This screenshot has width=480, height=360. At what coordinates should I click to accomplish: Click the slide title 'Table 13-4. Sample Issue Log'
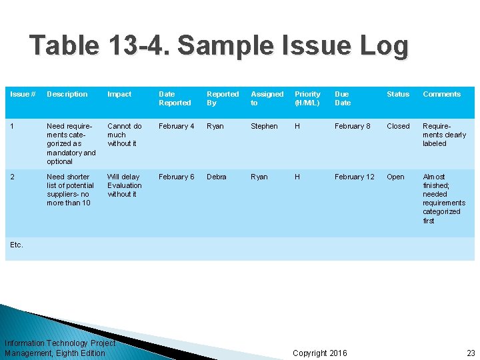(219, 46)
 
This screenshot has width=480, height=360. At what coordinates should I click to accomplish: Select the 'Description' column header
(67, 95)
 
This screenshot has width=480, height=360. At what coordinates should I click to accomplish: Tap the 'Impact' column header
(119, 95)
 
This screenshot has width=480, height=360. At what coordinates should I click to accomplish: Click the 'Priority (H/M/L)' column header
(307, 99)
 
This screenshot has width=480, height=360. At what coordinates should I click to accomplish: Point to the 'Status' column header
(398, 95)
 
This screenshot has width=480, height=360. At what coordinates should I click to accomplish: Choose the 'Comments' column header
(441, 95)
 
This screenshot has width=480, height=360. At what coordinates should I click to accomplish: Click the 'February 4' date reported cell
(177, 126)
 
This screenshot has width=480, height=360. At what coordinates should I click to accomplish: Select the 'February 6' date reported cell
(177, 177)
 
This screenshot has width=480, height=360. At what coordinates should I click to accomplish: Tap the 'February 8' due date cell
(353, 126)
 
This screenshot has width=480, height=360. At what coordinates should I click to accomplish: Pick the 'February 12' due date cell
(355, 177)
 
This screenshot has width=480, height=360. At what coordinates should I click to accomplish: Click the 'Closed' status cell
(398, 126)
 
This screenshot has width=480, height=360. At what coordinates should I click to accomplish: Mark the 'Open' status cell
(395, 177)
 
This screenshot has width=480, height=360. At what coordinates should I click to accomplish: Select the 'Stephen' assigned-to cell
(264, 126)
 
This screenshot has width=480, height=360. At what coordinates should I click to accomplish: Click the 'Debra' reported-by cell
(217, 177)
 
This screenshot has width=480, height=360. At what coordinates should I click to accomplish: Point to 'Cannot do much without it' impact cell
(125, 135)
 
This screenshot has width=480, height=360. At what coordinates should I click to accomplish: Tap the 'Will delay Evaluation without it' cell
(125, 185)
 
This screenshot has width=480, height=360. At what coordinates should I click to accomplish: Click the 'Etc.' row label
(17, 245)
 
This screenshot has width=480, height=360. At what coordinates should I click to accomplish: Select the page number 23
(471, 353)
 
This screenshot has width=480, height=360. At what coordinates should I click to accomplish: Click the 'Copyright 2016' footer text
(320, 353)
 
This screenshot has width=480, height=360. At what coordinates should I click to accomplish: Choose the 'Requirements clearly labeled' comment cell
(444, 135)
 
